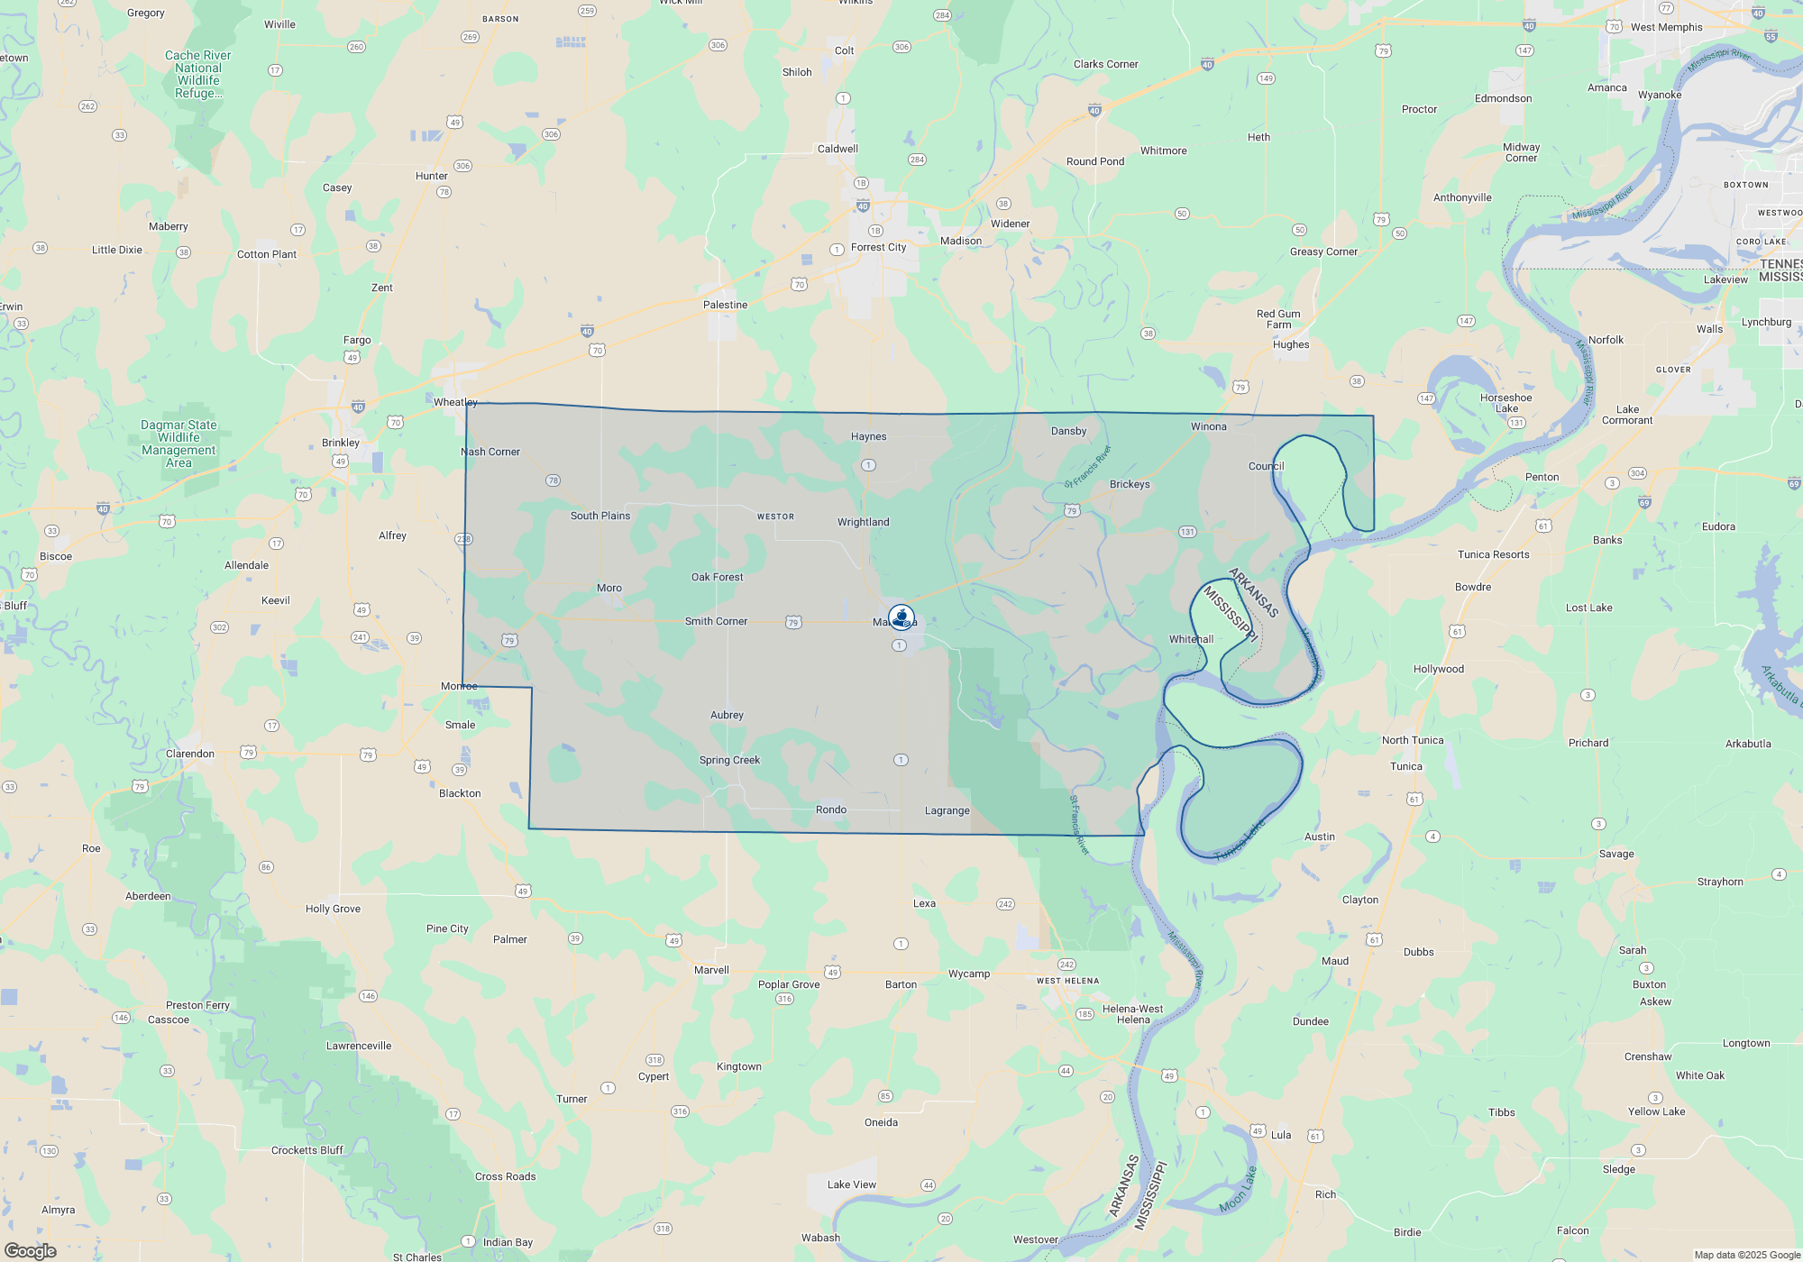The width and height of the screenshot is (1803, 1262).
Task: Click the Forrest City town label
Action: pyautogui.click(x=878, y=247)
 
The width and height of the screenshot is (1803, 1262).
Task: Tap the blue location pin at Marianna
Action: pyautogui.click(x=901, y=617)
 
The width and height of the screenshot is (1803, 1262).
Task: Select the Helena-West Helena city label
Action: pyautogui.click(x=1132, y=1014)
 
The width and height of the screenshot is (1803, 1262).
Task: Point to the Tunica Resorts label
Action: pyautogui.click(x=1493, y=554)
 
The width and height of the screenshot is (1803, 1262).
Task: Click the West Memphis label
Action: pyautogui.click(x=1666, y=27)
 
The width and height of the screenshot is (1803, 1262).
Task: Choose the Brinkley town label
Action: pyautogui.click(x=341, y=443)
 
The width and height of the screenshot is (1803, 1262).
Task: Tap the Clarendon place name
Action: pyautogui.click(x=190, y=754)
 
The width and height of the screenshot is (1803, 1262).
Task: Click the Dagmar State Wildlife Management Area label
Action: pyautogui.click(x=178, y=444)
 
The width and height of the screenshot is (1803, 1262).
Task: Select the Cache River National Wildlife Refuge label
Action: pyautogui.click(x=198, y=74)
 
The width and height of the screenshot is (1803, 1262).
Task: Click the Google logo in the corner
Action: pyautogui.click(x=30, y=1250)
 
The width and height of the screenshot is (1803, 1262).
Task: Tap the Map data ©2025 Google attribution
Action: pyautogui.click(x=1746, y=1255)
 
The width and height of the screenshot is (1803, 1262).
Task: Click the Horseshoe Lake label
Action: pyautogui.click(x=1506, y=403)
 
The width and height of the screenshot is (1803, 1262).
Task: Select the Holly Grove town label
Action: pyautogui.click(x=333, y=909)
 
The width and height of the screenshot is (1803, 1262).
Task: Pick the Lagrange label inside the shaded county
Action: pyautogui.click(x=947, y=810)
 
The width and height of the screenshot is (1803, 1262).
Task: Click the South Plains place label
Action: pyautogui.click(x=600, y=516)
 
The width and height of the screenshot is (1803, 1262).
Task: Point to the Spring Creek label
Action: pyautogui.click(x=729, y=760)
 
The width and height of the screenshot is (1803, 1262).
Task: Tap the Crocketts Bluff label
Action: pyautogui.click(x=307, y=1150)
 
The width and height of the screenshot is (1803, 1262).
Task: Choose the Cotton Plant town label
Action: pyautogui.click(x=267, y=254)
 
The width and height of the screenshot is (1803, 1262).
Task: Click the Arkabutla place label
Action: pyautogui.click(x=1748, y=744)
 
